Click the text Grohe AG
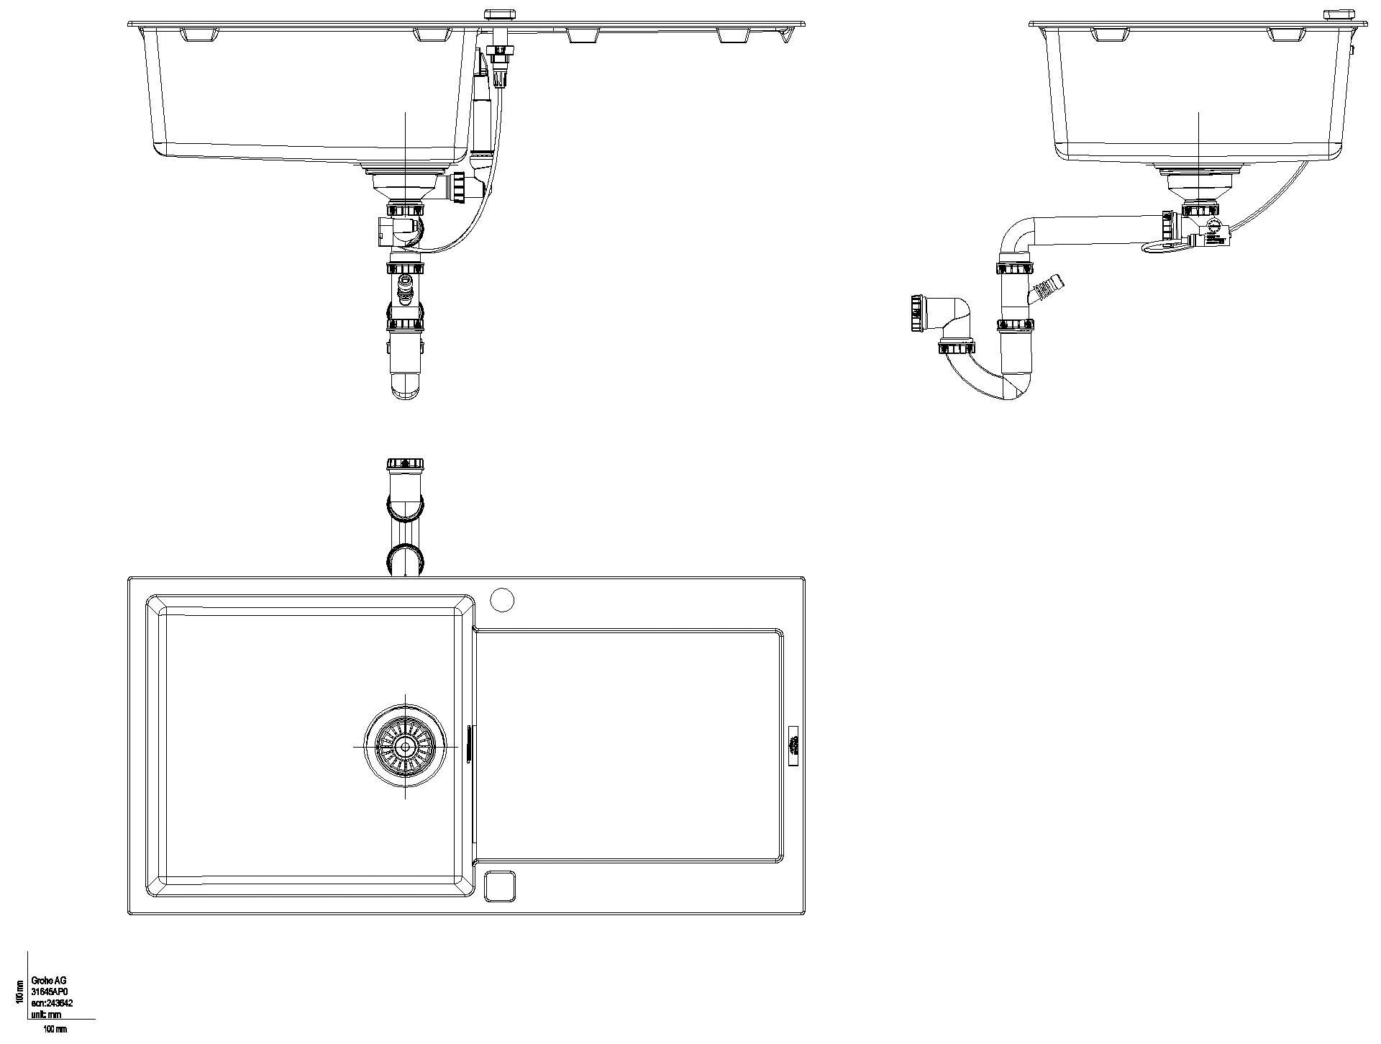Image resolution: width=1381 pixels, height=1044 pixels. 49,981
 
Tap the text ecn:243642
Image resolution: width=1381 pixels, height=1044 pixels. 52,1003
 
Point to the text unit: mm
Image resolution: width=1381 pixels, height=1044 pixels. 46,1015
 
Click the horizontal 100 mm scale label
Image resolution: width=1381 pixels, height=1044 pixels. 55,1030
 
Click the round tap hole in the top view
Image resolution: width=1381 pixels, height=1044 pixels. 502,599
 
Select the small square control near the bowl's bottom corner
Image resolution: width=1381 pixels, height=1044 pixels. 501,886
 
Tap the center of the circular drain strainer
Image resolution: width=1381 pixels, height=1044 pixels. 405,747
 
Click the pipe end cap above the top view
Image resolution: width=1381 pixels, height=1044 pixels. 406,464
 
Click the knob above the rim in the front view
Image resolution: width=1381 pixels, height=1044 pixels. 497,14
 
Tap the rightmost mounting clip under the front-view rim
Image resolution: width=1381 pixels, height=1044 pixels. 734,35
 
